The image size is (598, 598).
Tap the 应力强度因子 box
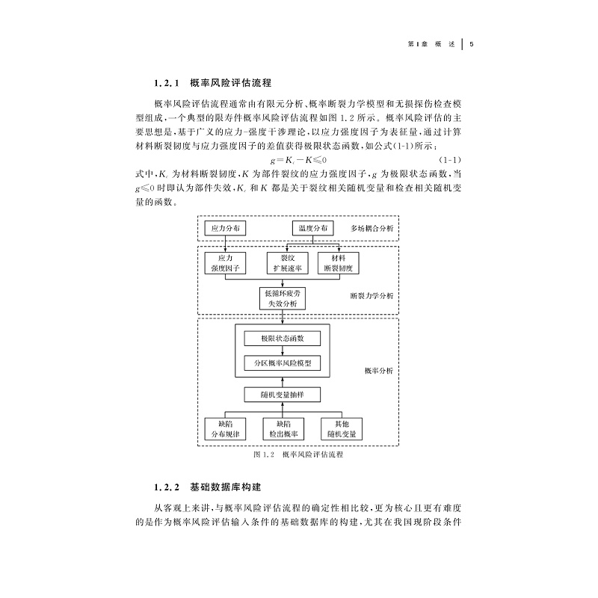[225, 262]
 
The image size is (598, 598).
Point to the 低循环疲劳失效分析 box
[282, 299]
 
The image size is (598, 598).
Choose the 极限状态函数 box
[282, 339]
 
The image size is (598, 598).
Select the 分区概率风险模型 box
[282, 364]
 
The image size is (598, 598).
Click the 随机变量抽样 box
[282, 393]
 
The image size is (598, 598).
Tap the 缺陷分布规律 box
[225, 428]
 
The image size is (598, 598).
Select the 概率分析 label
[378, 370]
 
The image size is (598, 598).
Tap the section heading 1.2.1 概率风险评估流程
[212, 83]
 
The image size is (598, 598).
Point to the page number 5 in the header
[472, 43]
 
